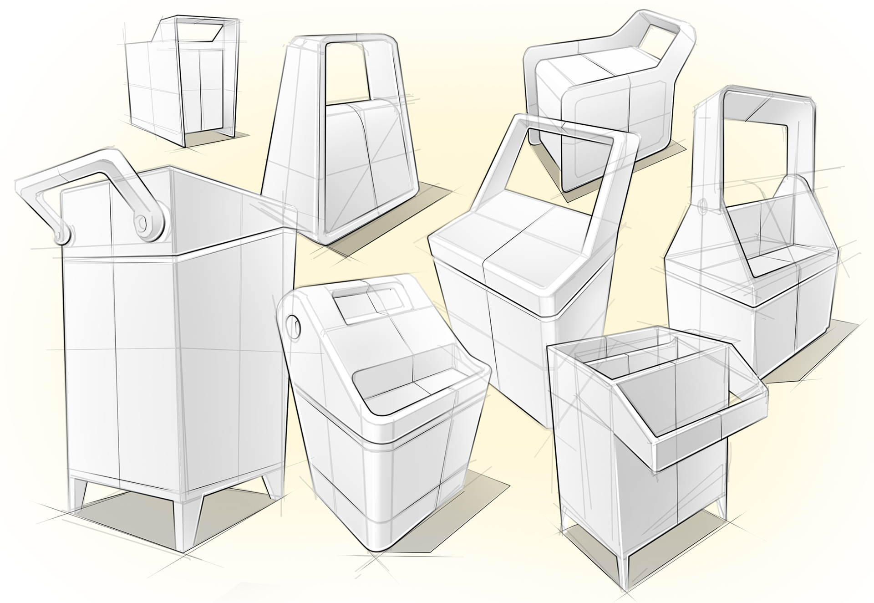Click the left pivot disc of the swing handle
(62, 235)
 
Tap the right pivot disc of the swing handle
(147, 223)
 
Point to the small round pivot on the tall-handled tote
(702, 207)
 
